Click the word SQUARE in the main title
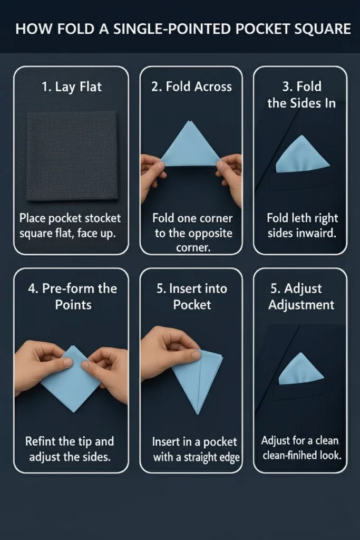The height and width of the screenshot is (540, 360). tap(322, 29)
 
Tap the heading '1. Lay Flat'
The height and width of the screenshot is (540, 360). tap(72, 87)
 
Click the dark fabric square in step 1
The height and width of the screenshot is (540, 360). tap(72, 156)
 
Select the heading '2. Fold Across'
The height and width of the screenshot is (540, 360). tap(191, 86)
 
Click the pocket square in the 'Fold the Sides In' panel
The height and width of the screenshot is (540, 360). tap(302, 154)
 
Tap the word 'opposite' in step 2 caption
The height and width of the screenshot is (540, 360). tap(212, 234)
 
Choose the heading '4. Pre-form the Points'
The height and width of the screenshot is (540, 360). tap(73, 296)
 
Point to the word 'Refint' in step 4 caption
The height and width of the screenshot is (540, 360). tap(38, 441)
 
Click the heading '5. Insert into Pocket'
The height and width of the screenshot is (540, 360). tap(192, 296)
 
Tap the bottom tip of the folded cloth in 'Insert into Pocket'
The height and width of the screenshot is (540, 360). tap(198, 413)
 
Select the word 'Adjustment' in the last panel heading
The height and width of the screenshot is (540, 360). tap(301, 305)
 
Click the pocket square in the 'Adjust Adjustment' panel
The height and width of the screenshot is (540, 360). tap(301, 369)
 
